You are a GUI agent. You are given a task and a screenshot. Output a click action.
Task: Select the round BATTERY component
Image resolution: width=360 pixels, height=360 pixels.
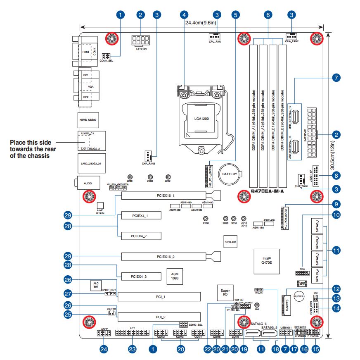click(229, 174)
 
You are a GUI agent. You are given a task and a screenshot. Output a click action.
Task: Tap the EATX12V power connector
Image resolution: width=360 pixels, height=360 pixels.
click(141, 41)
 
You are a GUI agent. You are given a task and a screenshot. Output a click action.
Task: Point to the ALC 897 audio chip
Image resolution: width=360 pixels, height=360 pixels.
click(96, 285)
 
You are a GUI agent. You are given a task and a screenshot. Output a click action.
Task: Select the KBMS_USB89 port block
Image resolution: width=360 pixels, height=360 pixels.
click(88, 119)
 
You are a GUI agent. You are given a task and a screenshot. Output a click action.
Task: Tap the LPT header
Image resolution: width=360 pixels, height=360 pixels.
click(132, 333)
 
